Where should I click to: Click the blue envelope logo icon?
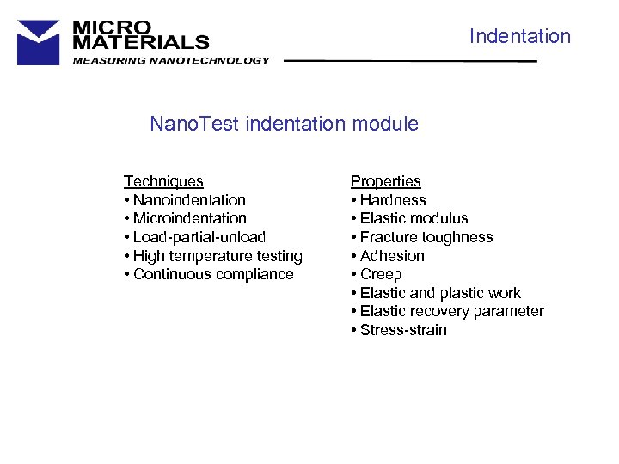click(39, 42)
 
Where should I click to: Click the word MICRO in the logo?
click(112, 27)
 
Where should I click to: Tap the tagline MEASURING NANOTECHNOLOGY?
click(171, 60)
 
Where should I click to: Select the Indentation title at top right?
click(519, 36)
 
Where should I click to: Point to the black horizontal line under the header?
click(410, 62)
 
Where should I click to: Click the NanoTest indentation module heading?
click(284, 124)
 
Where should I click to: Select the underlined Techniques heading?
click(163, 181)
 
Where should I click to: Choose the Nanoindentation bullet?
click(185, 200)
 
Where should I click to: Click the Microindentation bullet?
click(185, 218)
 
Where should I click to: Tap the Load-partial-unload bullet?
click(195, 237)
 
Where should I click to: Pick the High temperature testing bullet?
click(213, 256)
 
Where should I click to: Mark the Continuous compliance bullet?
click(209, 274)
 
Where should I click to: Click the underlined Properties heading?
click(385, 181)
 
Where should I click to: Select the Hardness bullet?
click(389, 200)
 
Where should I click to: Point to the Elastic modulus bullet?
click(409, 218)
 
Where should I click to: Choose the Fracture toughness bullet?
click(422, 237)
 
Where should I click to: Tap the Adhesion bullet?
click(388, 256)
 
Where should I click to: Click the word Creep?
click(381, 274)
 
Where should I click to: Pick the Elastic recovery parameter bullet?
click(447, 311)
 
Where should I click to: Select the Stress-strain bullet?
click(399, 330)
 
